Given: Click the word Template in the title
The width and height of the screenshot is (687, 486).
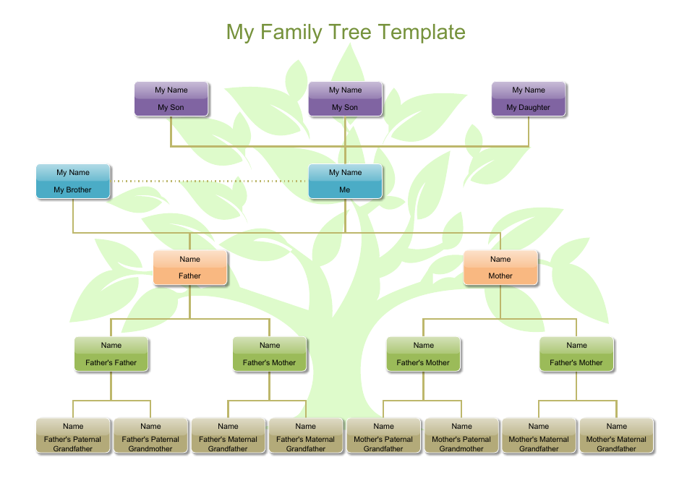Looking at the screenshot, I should coord(421,33).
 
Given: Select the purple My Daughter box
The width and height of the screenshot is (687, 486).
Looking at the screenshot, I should coord(529,99).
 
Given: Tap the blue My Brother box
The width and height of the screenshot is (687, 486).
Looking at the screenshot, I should coord(73,182).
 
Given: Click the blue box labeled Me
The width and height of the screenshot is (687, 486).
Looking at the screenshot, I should coord(345,182).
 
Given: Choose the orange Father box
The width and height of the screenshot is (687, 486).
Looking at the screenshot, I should coord(190,268).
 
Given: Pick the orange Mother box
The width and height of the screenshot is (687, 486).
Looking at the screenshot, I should coord(500,268).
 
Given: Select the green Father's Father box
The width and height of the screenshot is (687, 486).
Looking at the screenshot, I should coord(111,354).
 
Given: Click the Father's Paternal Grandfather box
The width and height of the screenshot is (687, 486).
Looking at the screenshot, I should coord(73,435).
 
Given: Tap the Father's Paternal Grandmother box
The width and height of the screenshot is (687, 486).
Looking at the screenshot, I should coord(150,435).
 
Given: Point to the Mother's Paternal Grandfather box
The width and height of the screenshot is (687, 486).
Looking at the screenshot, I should coord(383,435).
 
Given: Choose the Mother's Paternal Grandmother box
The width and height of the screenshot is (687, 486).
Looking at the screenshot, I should coord(461,435).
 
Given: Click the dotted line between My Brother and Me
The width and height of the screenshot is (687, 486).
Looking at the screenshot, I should coord(210,181).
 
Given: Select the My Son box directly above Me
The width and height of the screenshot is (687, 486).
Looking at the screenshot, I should coord(345,99).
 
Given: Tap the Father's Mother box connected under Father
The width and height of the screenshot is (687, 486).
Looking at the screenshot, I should coord(270,354).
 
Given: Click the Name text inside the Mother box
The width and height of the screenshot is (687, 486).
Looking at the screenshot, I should coord(500,259).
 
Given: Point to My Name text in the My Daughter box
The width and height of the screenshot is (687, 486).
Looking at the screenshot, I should coord(529,90).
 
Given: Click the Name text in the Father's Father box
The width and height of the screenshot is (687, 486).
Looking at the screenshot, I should coord(111,346).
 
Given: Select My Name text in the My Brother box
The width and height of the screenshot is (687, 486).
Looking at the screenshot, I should coord(73,173).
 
